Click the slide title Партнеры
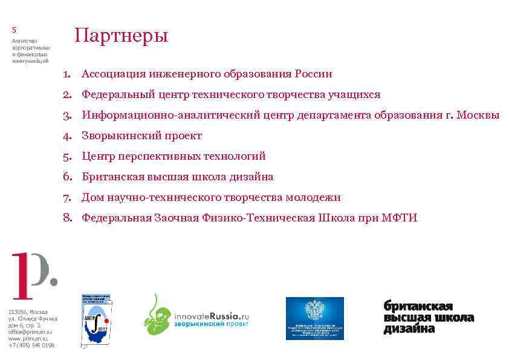coord(120,36)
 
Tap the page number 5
coord(14,30)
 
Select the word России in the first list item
coord(313,74)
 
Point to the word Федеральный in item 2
coord(117,94)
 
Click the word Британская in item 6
coord(113,177)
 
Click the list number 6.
coord(67,177)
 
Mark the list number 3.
coord(67,115)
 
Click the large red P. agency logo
coord(34,276)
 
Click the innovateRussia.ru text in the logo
coord(212,316)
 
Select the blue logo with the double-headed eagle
coord(314,318)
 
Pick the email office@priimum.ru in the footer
coord(30,332)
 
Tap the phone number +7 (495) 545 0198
coord(31,345)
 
